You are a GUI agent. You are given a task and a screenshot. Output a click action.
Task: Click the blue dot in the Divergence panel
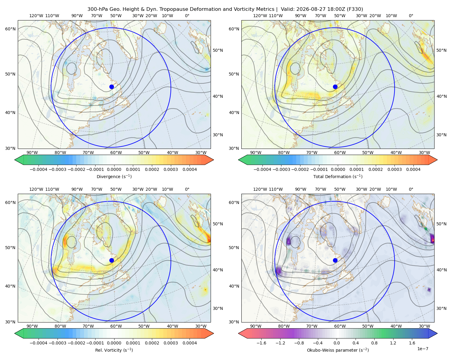111,87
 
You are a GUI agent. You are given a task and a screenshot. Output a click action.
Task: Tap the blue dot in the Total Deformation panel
335,87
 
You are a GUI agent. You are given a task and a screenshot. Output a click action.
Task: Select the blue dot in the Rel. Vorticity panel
111,260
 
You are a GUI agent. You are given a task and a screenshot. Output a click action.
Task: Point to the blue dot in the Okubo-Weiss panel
335,260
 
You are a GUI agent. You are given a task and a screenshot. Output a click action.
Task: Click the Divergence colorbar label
114,176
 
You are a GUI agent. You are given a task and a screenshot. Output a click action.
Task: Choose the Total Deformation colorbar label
338,176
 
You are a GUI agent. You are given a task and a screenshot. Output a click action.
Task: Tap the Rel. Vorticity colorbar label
114,350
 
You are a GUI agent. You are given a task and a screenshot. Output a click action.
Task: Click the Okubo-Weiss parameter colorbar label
338,350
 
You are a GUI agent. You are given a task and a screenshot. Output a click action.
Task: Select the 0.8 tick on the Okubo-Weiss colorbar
374,343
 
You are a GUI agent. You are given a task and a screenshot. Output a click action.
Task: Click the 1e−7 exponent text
422,349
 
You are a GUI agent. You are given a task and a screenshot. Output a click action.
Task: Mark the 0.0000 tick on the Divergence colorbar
114,169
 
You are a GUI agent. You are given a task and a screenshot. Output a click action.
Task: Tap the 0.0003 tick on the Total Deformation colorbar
394,169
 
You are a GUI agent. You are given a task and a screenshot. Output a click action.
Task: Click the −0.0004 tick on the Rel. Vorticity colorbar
39,343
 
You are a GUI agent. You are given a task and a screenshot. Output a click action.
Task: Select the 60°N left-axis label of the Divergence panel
10,29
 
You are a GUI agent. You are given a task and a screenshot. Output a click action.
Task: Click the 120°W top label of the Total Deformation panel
260,16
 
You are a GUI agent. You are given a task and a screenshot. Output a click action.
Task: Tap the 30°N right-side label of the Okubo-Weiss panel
441,308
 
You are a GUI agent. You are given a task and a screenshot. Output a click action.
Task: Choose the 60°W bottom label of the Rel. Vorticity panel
116,326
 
